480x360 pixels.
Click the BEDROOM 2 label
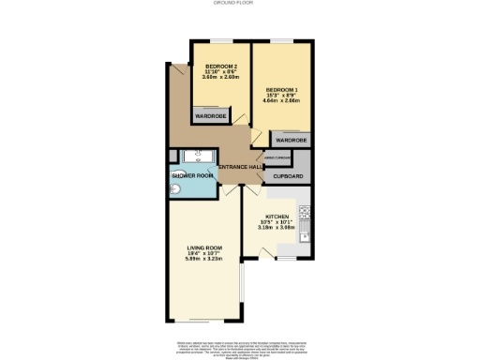(x=221, y=66)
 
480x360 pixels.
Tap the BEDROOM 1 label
(x=281, y=89)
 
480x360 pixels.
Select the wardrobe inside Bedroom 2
(x=210, y=116)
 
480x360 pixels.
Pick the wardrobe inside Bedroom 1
(x=291, y=140)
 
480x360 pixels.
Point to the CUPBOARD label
(x=288, y=175)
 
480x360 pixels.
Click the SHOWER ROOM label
(x=191, y=175)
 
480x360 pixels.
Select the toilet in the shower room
(x=176, y=188)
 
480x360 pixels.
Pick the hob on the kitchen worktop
(x=305, y=212)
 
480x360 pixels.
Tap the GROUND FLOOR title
(x=239, y=4)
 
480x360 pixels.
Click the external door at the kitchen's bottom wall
(x=269, y=251)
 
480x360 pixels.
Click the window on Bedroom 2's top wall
(x=220, y=41)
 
